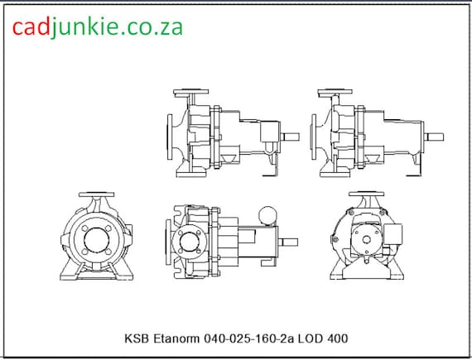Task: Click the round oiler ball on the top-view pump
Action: (267, 214)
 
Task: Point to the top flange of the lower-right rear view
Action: (364, 196)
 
